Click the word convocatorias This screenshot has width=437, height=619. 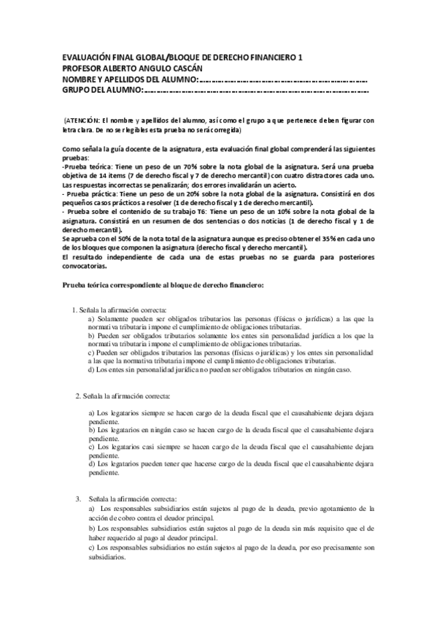tap(89, 265)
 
